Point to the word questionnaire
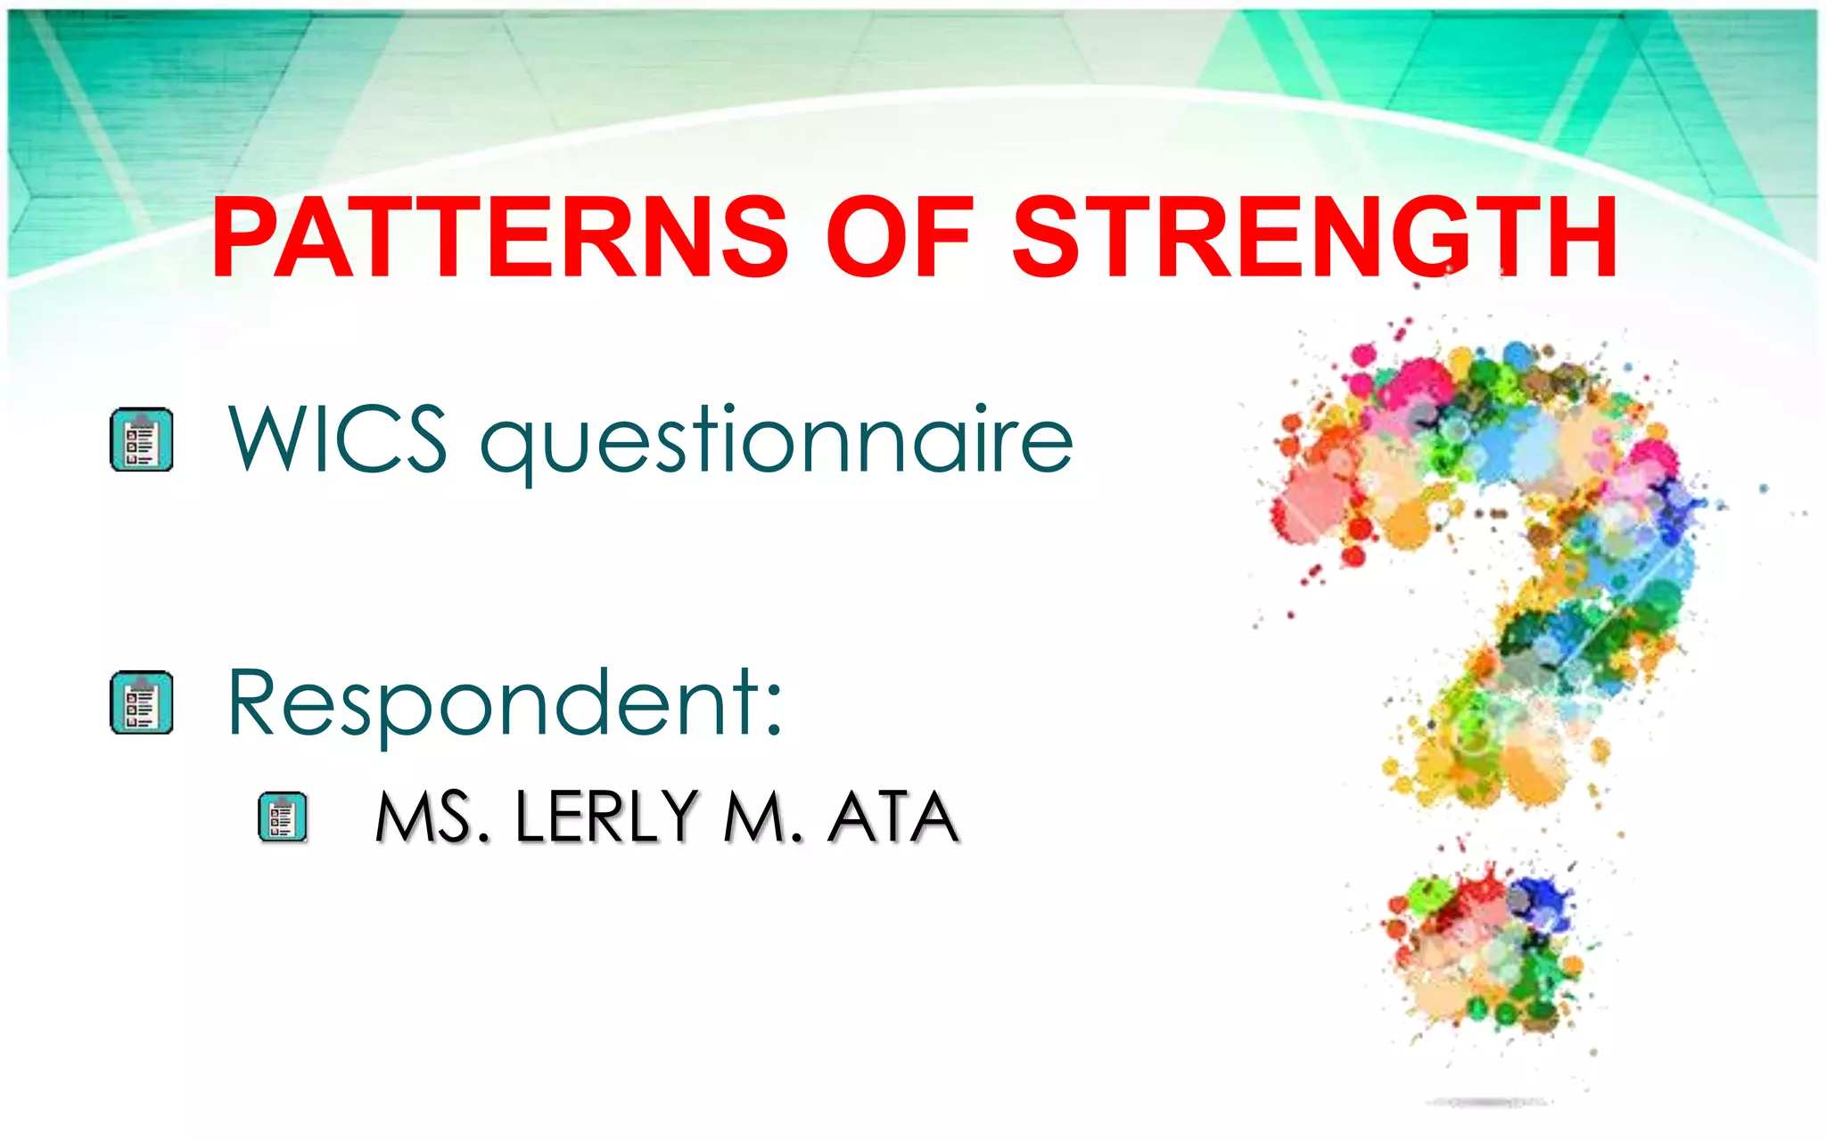(x=776, y=441)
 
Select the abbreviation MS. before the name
(x=432, y=817)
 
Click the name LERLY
(x=606, y=817)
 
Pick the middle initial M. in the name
(x=763, y=817)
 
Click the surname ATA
(x=893, y=817)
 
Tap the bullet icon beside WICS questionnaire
(x=141, y=439)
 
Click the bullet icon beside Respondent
(x=141, y=702)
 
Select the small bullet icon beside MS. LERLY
(x=282, y=817)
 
